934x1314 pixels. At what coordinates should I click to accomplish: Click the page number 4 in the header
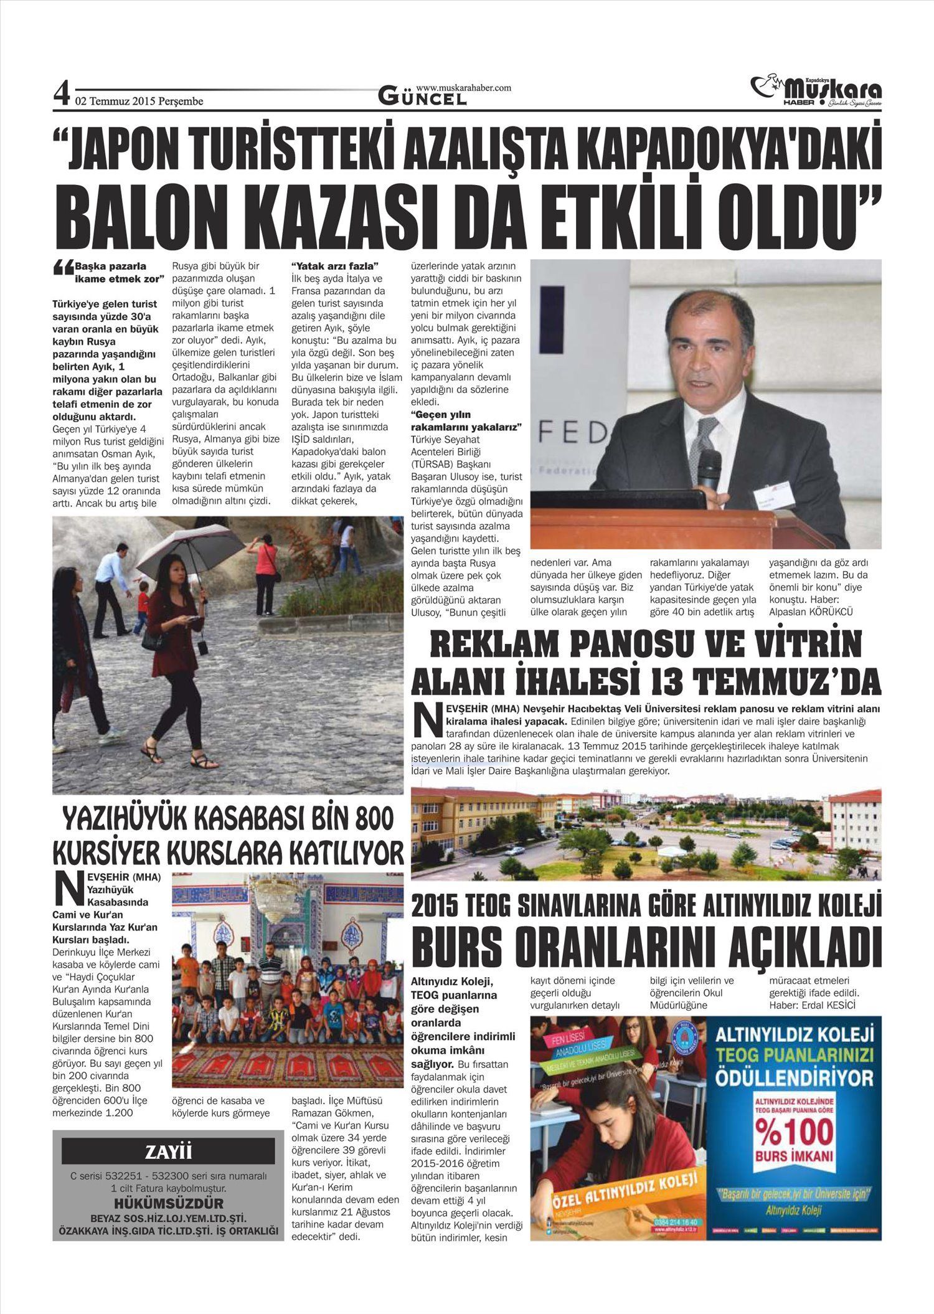point(60,95)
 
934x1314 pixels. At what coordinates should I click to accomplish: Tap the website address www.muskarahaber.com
point(463,88)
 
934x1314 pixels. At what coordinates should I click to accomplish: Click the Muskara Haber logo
point(816,91)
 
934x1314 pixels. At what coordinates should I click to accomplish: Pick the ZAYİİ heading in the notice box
point(168,1151)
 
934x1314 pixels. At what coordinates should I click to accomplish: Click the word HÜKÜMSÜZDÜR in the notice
point(168,1203)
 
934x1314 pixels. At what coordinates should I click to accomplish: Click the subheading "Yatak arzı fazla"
point(335,266)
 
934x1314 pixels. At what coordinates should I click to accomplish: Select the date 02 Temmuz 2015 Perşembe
point(139,101)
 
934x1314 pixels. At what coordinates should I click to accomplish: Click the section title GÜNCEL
point(422,97)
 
